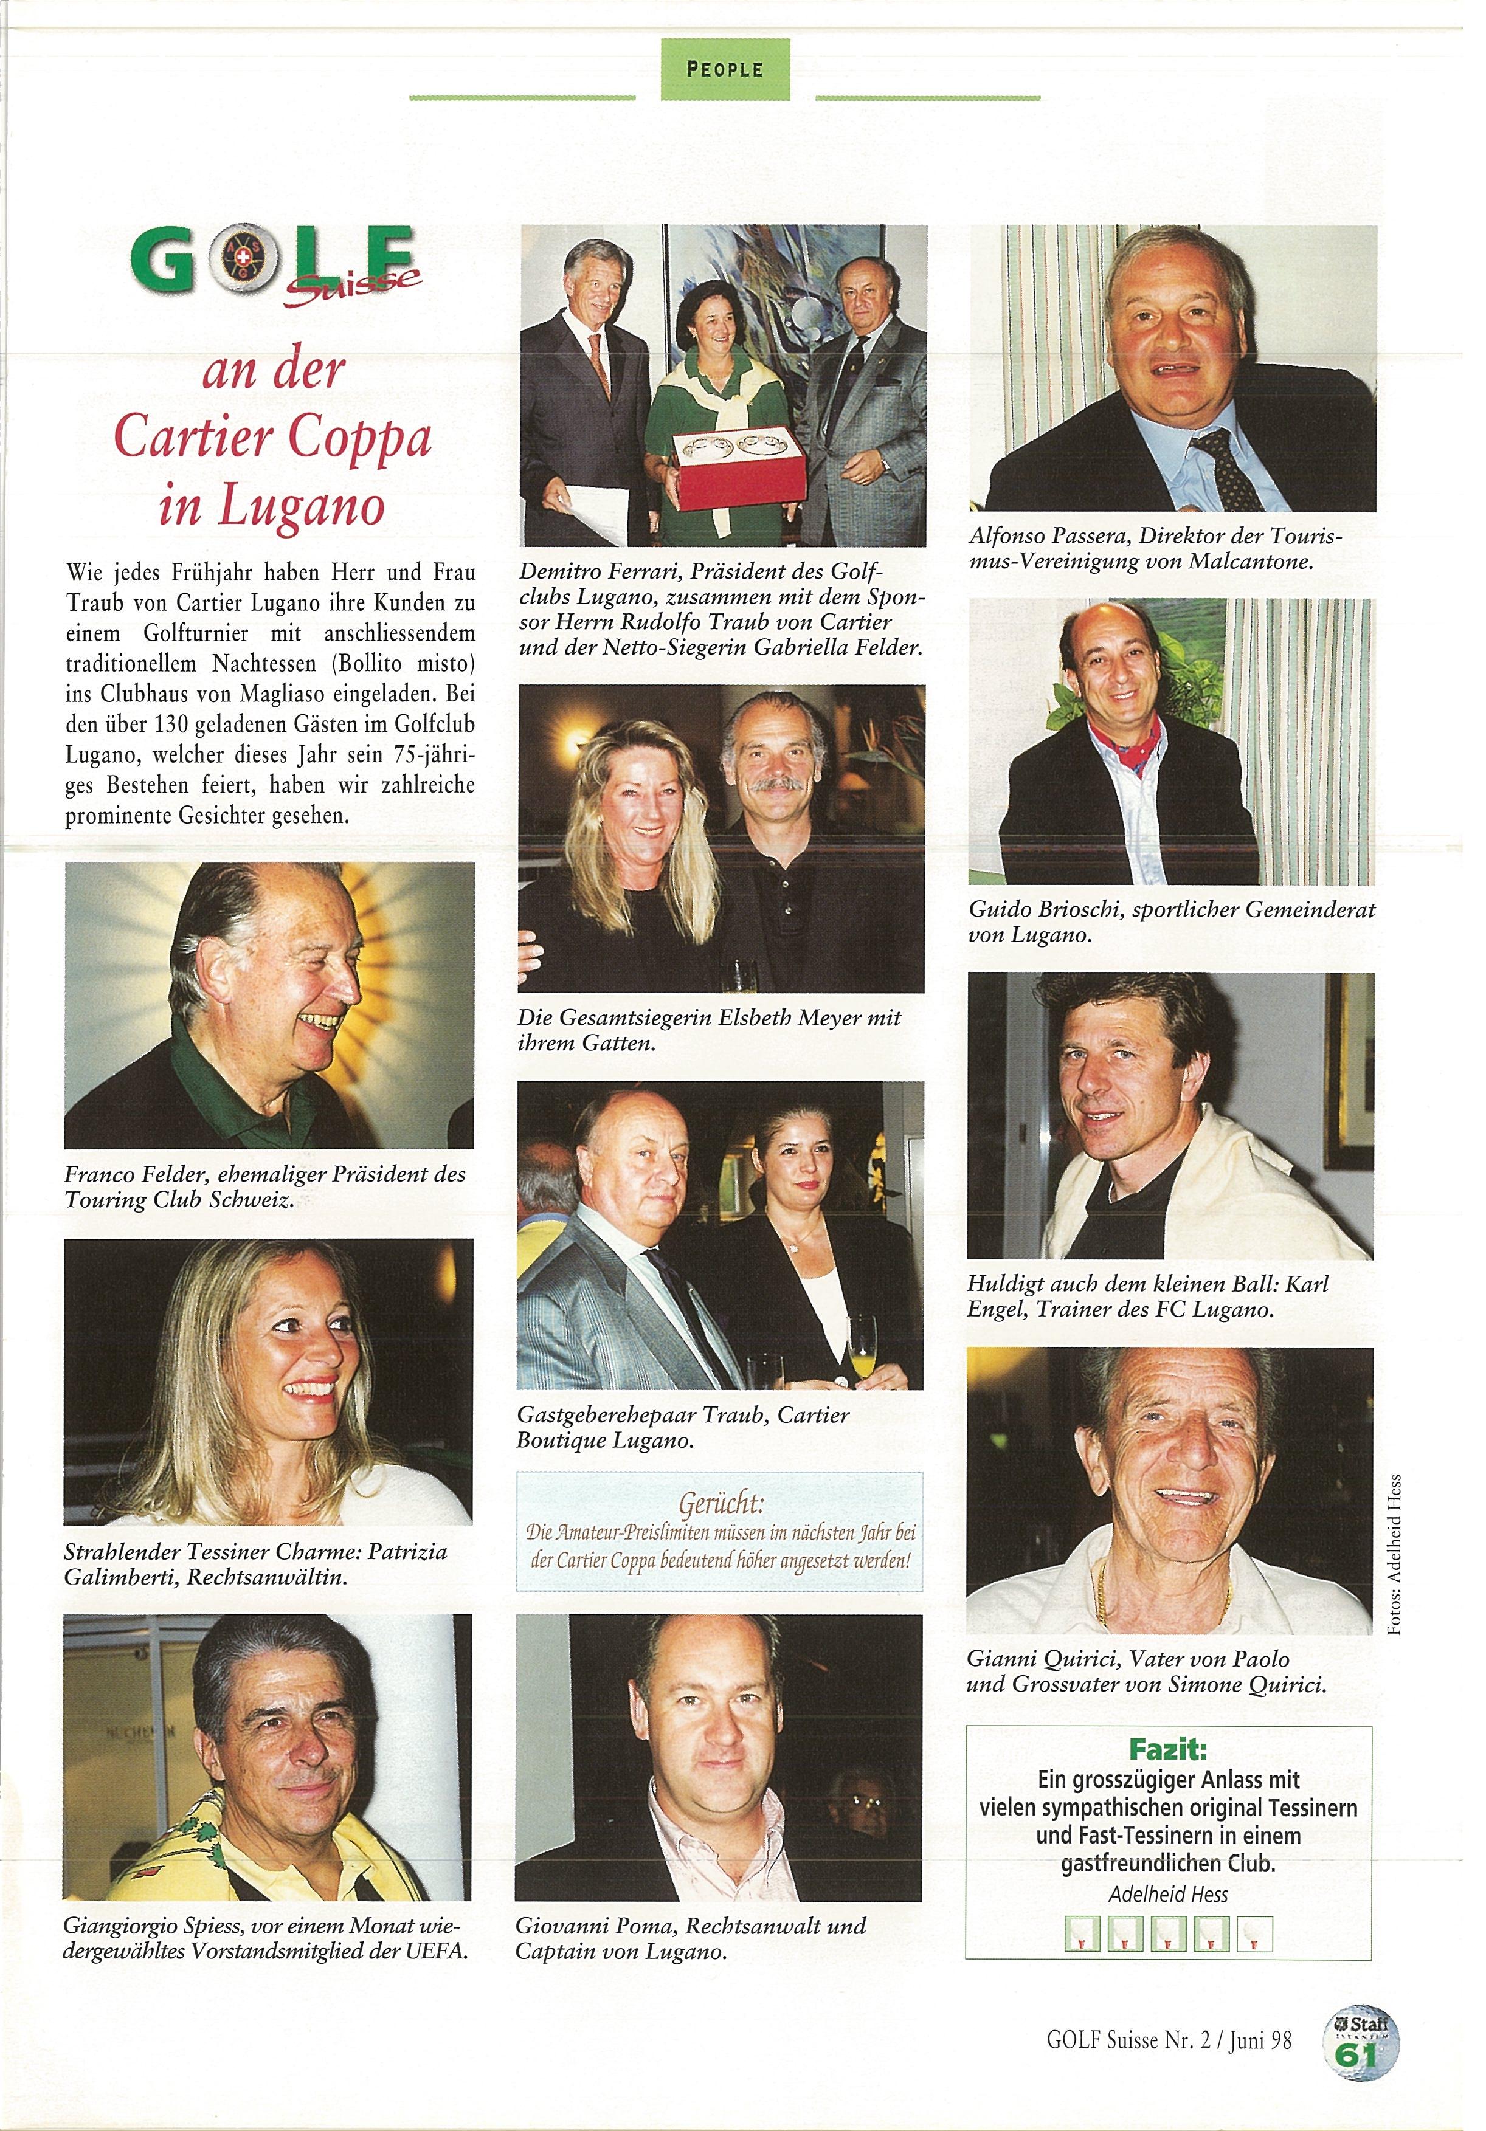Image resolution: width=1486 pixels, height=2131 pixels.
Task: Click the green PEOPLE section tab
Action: (x=725, y=69)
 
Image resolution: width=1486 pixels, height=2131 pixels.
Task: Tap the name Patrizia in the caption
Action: (x=407, y=1551)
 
